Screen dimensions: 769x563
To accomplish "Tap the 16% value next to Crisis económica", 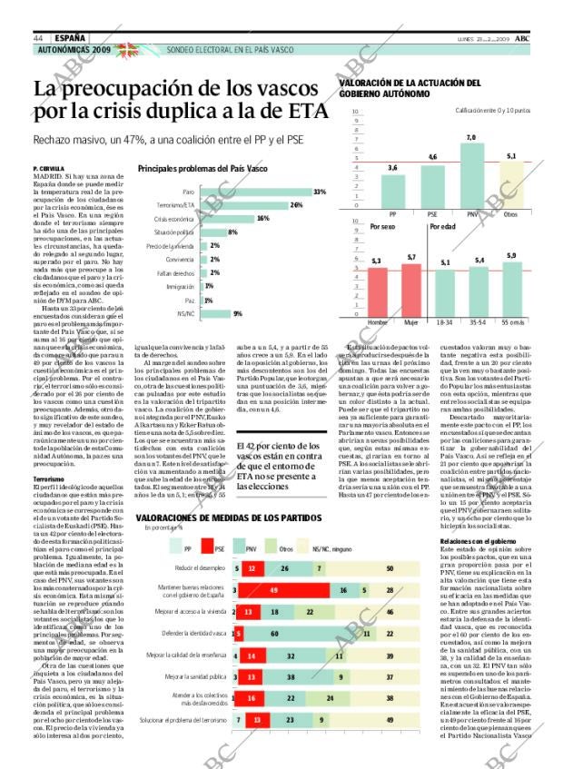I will (x=263, y=219).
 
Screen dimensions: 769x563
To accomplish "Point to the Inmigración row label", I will (x=182, y=286).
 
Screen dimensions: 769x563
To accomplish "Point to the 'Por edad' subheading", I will (x=442, y=226).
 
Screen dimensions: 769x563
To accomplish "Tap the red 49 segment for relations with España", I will (x=272, y=589).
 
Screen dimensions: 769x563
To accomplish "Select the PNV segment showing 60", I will (x=299, y=632).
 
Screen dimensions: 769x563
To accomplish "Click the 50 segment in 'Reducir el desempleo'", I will (x=389, y=568).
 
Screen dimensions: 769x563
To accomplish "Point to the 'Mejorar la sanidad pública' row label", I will (x=194, y=676).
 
